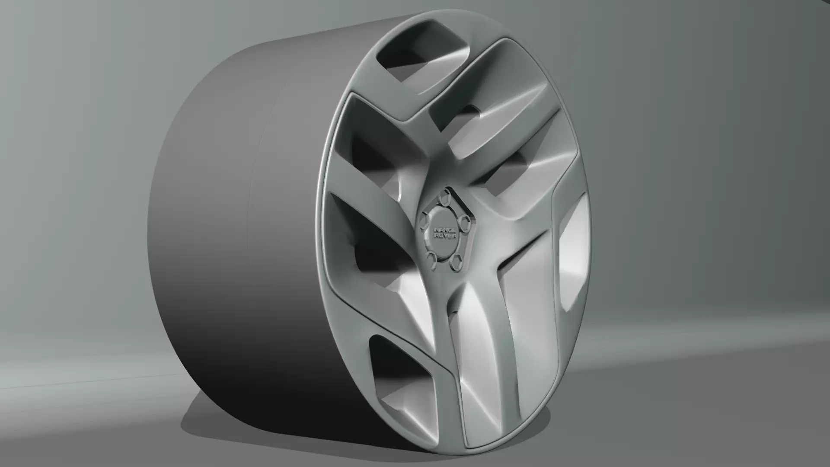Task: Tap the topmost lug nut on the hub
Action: pyautogui.click(x=444, y=198)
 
